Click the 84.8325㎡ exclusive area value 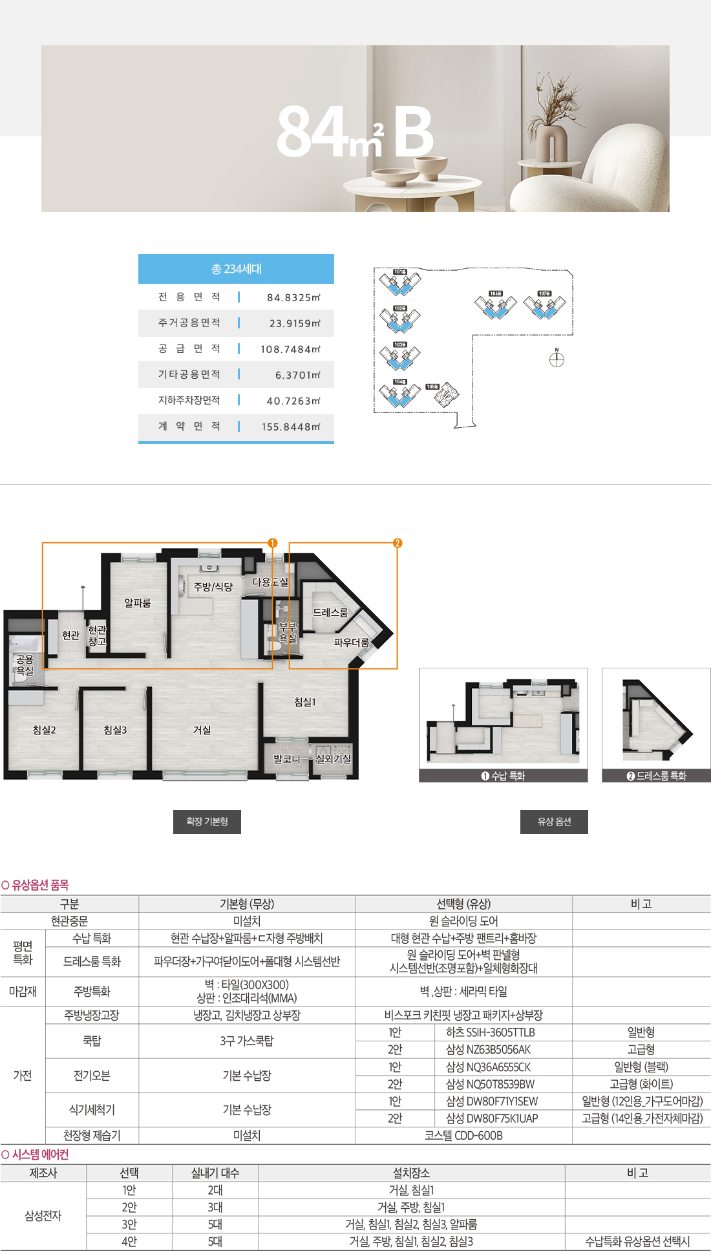click(293, 297)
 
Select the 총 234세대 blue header click(236, 269)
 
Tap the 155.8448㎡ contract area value click(291, 427)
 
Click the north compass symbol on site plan click(557, 359)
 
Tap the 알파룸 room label click(138, 603)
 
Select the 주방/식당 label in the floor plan click(213, 586)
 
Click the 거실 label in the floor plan click(202, 730)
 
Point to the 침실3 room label click(115, 730)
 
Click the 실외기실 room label click(334, 759)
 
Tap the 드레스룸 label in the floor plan click(330, 612)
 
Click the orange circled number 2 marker click(398, 543)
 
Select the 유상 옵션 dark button click(554, 822)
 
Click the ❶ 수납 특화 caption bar click(503, 776)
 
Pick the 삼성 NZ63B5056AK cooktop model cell click(488, 1050)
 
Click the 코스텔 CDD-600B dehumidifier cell click(463, 1136)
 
